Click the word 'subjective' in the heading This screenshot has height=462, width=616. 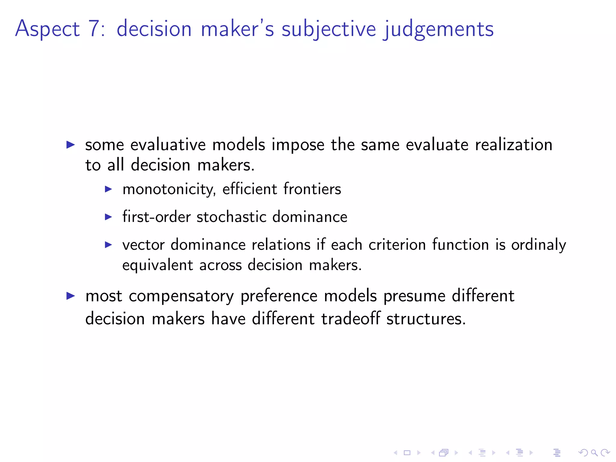click(328, 29)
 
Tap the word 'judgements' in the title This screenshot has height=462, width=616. click(439, 29)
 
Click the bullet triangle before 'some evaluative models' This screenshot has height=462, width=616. click(70, 145)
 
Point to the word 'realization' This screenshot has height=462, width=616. click(513, 145)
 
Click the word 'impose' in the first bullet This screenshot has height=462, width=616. click(298, 145)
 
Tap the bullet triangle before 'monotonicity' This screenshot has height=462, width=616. click(108, 189)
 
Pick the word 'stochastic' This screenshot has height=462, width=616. click(231, 217)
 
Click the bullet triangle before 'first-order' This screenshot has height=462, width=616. click(108, 217)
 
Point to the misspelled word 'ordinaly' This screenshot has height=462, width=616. click(538, 245)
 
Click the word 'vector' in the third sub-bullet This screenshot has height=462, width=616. click(143, 245)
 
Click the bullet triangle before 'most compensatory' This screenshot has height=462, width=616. click(70, 296)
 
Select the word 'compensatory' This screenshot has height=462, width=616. click(181, 296)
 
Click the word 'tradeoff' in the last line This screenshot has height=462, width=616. click(350, 319)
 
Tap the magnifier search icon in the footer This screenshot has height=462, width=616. click(594, 453)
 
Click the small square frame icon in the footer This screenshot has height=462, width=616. click(407, 453)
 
